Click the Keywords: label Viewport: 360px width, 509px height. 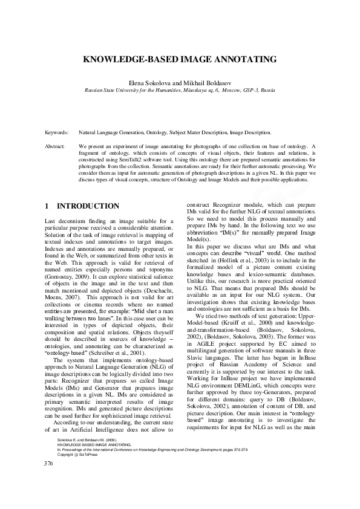[x=57, y=131]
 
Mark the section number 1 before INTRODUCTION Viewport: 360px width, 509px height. [x=47, y=206]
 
